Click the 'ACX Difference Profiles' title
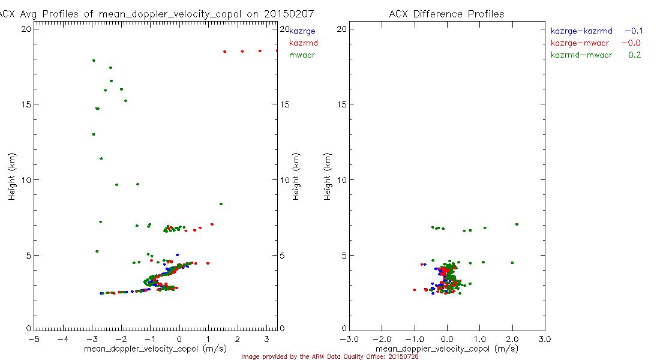pyautogui.click(x=446, y=14)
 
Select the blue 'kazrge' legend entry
pyautogui.click(x=302, y=31)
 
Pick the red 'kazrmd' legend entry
pyautogui.click(x=304, y=43)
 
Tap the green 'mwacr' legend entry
pyautogui.click(x=302, y=56)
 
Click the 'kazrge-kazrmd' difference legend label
pyautogui.click(x=581, y=31)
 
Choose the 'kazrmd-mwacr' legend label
pyautogui.click(x=581, y=55)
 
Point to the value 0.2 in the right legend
pyautogui.click(x=635, y=55)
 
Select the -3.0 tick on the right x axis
pyautogui.click(x=348, y=340)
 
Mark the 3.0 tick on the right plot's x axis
pyautogui.click(x=544, y=340)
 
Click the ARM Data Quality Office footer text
pyautogui.click(x=330, y=356)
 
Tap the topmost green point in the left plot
pyautogui.click(x=94, y=61)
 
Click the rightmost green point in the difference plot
pyautogui.click(x=517, y=224)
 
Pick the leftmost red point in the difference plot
pyautogui.click(x=414, y=290)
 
